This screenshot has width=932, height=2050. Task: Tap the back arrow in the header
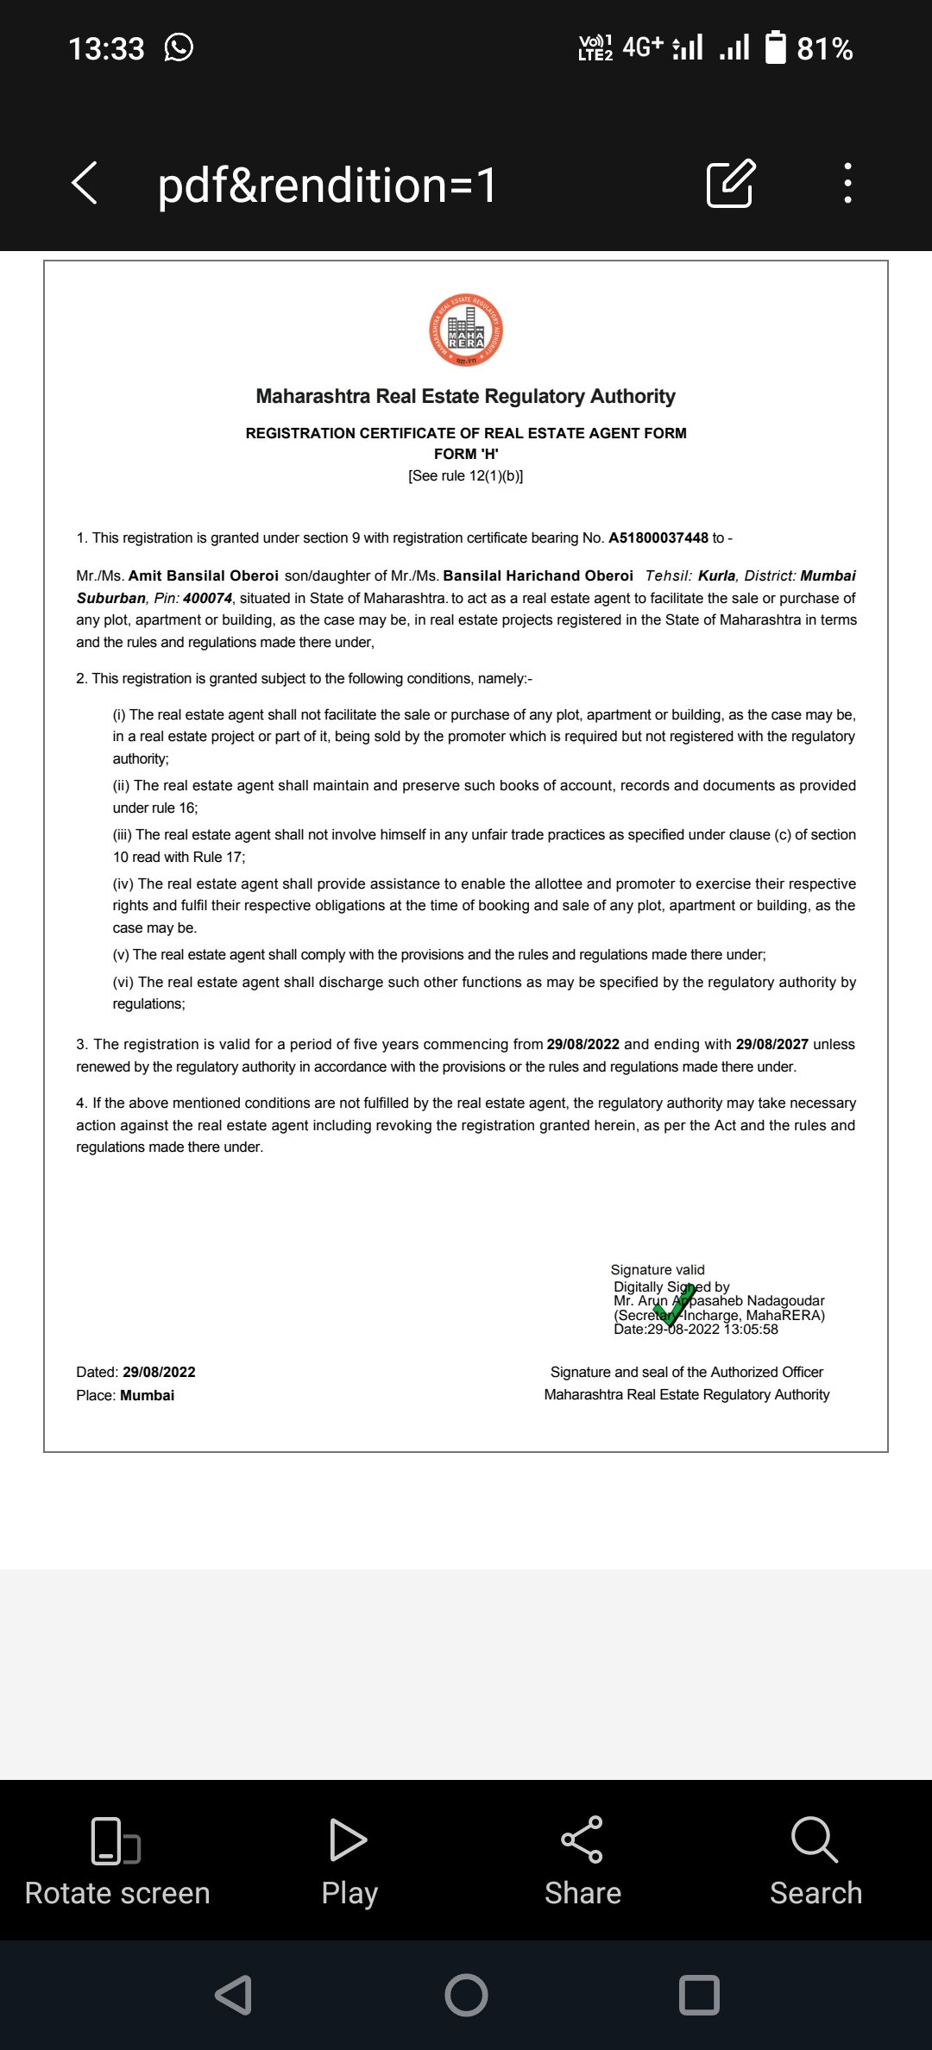[85, 183]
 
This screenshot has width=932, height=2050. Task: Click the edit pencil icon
[730, 183]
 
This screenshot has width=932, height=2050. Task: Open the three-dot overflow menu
[848, 183]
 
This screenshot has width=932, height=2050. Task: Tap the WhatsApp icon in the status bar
[179, 47]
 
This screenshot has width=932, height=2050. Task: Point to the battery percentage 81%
[824, 49]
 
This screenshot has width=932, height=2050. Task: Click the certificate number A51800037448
[658, 538]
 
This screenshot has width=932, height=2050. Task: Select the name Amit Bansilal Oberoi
[204, 575]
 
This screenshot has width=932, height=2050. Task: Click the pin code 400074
[207, 598]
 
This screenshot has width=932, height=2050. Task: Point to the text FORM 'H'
[466, 454]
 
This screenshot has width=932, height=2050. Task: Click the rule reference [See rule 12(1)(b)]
[466, 475]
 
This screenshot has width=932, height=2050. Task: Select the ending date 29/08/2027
[772, 1044]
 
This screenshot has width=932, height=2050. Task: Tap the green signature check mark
[675, 1305]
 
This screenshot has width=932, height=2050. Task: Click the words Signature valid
[658, 1269]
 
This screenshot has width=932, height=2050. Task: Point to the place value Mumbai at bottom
[147, 1395]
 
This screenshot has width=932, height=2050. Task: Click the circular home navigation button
[466, 1995]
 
